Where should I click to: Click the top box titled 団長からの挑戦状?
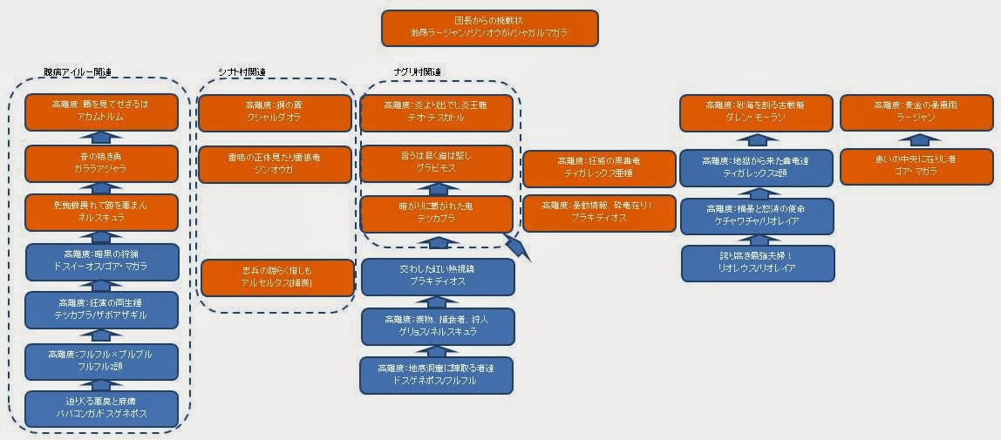click(x=489, y=28)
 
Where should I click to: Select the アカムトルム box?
click(x=102, y=112)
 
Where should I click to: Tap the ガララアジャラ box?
click(x=102, y=163)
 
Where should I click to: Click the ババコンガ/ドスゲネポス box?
click(x=102, y=409)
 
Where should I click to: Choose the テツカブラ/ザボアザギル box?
click(x=102, y=309)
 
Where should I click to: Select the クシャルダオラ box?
click(x=276, y=112)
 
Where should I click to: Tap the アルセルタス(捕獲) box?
click(x=277, y=277)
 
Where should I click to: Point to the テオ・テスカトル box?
click(x=438, y=112)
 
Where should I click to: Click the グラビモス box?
click(x=438, y=163)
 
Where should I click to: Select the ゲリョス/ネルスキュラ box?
click(x=438, y=327)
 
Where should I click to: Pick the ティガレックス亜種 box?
click(x=599, y=169)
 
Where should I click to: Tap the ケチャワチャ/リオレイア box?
click(x=757, y=216)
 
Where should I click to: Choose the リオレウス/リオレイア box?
click(x=757, y=262)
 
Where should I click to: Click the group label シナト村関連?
click(x=242, y=71)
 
